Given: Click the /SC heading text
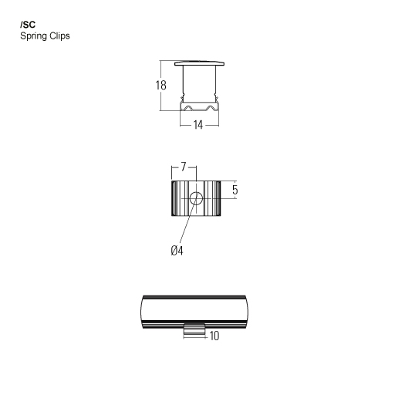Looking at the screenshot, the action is point(28,25).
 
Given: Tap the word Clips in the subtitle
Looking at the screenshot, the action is point(59,35).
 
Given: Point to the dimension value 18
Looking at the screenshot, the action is point(161,85).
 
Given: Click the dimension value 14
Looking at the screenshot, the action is point(198,125).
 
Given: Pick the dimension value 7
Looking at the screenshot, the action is point(183,167).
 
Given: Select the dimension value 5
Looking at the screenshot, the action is point(235,190).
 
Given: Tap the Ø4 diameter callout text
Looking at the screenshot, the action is point(177,251).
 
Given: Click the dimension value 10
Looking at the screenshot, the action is point(214,336).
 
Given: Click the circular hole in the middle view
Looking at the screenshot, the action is point(196,198).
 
